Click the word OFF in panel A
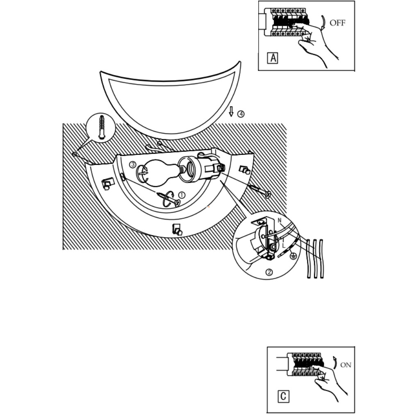337,23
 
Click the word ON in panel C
346,365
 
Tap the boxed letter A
272,58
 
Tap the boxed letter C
283,396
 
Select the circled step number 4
241,114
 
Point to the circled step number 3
132,164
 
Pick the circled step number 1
182,195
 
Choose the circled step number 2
269,272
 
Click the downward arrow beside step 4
231,111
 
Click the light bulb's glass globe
156,173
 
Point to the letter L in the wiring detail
283,245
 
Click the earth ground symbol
293,257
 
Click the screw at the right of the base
260,191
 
